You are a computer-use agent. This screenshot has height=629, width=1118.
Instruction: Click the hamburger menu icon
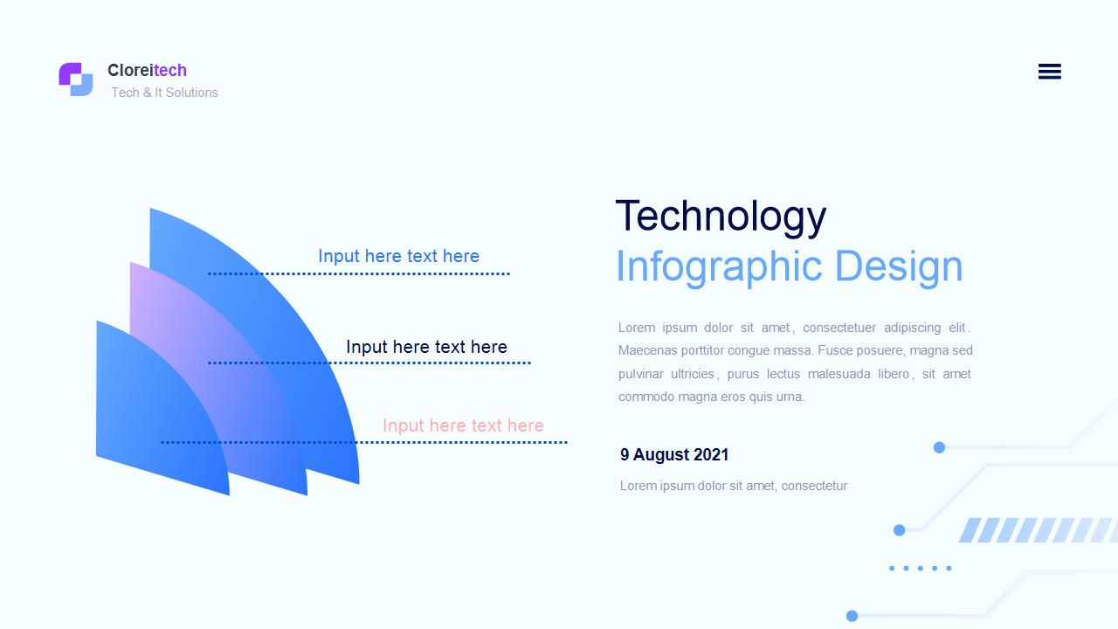pyautogui.click(x=1050, y=72)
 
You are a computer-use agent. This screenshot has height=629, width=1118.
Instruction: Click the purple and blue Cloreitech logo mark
pyautogui.click(x=76, y=79)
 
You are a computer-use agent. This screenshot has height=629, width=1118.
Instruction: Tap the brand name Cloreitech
pyautogui.click(x=148, y=71)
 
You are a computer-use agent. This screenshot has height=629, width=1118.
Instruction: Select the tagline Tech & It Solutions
pyautogui.click(x=164, y=93)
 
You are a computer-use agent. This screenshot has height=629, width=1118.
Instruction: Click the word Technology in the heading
pyautogui.click(x=721, y=218)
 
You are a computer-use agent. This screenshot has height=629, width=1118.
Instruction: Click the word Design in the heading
pyautogui.click(x=899, y=266)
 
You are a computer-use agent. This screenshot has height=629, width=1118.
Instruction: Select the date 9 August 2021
pyautogui.click(x=674, y=455)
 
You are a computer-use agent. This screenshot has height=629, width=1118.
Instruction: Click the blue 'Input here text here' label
pyautogui.click(x=398, y=256)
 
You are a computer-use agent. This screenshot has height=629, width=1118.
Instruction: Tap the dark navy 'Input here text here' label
pyautogui.click(x=426, y=347)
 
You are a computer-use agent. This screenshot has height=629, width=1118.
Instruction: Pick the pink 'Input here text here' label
pyautogui.click(x=463, y=425)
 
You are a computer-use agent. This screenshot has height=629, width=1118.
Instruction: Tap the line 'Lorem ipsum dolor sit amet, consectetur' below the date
pyautogui.click(x=734, y=486)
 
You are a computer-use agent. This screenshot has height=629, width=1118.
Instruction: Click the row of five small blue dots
pyautogui.click(x=921, y=568)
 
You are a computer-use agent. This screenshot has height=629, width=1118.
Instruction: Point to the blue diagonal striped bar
pyautogui.click(x=1039, y=530)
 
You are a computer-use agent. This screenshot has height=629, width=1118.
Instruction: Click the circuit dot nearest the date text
pyautogui.click(x=939, y=447)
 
